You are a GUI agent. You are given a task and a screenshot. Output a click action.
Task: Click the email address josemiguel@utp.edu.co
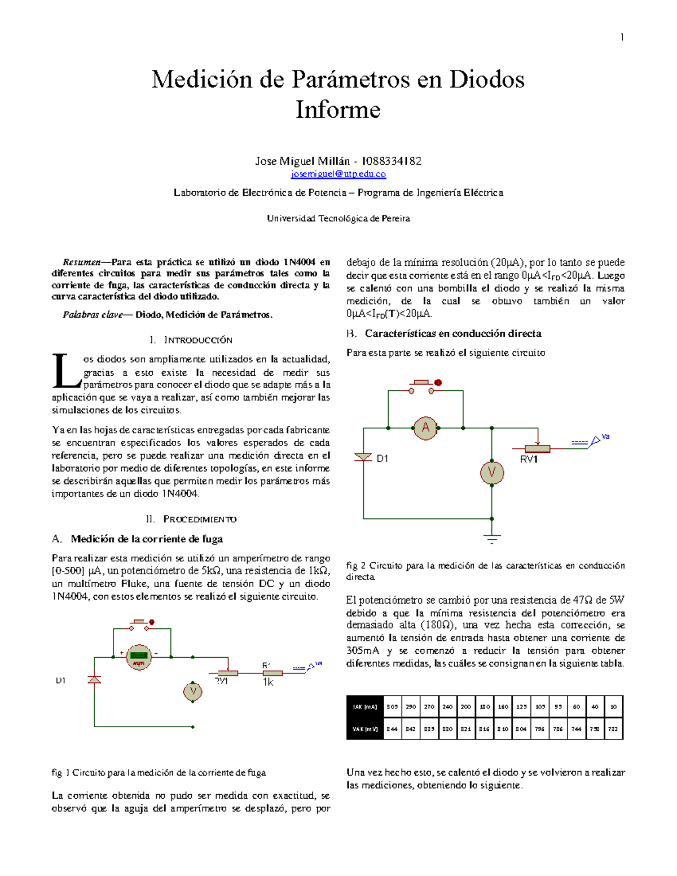[x=338, y=174]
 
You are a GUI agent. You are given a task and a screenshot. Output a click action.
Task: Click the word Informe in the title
[x=338, y=109]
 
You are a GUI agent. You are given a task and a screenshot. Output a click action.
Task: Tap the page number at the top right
[x=622, y=37]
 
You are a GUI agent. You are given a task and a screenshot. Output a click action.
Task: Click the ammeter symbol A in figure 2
[x=425, y=428]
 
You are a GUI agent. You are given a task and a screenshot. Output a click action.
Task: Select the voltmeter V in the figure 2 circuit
[x=491, y=473]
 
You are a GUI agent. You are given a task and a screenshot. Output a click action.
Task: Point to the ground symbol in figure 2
[x=492, y=538]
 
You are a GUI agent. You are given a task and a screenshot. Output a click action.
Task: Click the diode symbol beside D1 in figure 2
[x=363, y=457]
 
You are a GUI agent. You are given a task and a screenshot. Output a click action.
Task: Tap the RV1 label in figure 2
[x=529, y=460]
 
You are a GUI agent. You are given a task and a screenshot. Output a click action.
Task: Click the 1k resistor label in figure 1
[x=268, y=683]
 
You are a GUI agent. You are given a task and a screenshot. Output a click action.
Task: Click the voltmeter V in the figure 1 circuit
[x=193, y=692]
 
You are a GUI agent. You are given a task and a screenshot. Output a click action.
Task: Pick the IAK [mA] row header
[x=364, y=707]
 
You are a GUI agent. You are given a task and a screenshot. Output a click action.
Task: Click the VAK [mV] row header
[x=364, y=729]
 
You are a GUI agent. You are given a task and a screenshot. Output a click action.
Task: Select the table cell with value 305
[x=392, y=707]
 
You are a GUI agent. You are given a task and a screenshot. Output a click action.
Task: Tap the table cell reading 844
[x=392, y=729]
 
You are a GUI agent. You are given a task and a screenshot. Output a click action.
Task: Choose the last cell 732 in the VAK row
[x=613, y=729]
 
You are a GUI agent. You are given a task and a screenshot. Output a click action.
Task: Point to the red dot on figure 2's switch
[x=438, y=383]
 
